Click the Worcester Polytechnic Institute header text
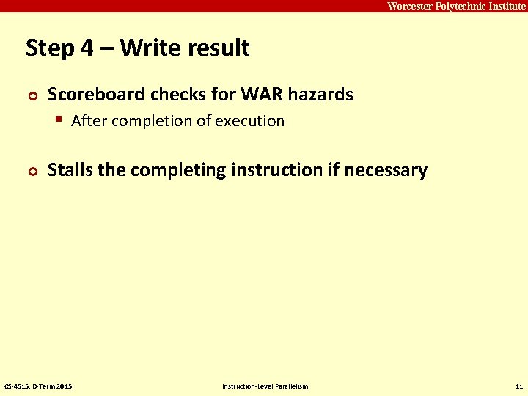tap(456, 6)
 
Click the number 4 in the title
tap(87, 48)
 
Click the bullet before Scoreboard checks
tap(31, 95)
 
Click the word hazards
tap(320, 95)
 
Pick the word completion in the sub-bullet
tap(143, 121)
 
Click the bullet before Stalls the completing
tap(31, 171)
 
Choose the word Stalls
tap(70, 170)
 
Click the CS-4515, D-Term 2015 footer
tap(38, 386)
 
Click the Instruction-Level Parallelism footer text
tap(265, 386)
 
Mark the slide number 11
tap(518, 386)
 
